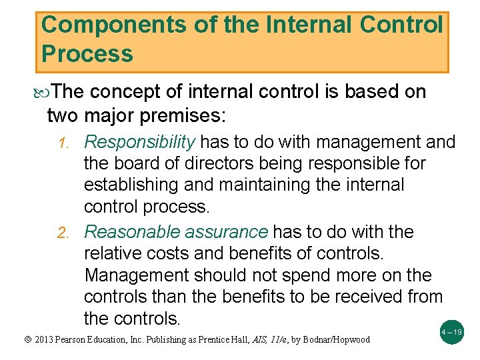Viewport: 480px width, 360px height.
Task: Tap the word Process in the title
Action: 87,53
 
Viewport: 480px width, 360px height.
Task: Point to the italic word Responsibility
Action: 139,142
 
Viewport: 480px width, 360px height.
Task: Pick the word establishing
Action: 131,185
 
